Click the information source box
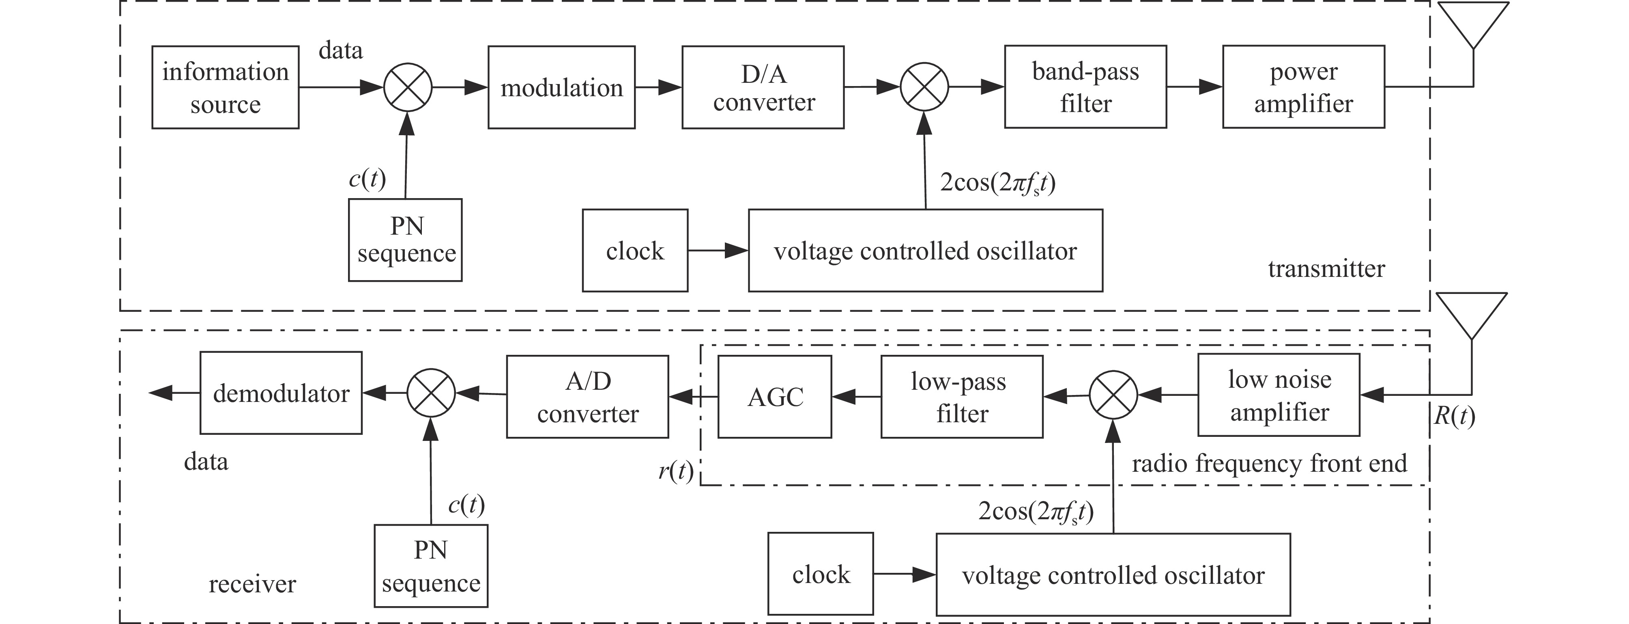click(225, 87)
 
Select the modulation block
click(561, 87)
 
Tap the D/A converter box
click(763, 87)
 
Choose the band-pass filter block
click(1085, 87)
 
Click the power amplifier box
click(1303, 87)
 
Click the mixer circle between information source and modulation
click(408, 87)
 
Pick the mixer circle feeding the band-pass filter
click(924, 87)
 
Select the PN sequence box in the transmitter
click(405, 240)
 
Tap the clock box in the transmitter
click(635, 250)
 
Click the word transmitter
click(1326, 269)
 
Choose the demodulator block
click(281, 393)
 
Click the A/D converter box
click(587, 397)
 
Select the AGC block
click(775, 397)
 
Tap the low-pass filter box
click(961, 397)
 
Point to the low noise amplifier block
click(1279, 395)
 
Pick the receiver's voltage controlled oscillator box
click(1113, 574)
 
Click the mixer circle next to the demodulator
click(431, 393)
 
